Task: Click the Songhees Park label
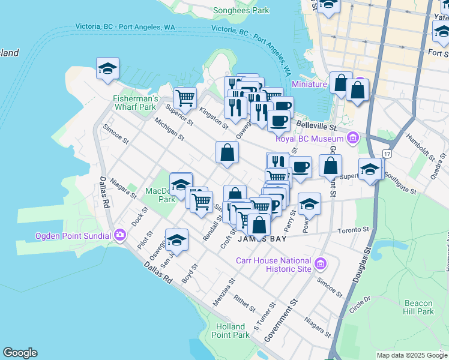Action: point(242,10)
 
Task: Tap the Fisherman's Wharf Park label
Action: point(136,103)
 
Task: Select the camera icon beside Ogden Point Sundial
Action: point(120,235)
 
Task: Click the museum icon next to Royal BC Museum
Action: point(353,139)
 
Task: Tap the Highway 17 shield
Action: point(387,154)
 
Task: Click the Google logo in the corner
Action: point(20,353)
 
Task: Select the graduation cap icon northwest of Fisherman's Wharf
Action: point(107,70)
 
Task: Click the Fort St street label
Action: point(439,53)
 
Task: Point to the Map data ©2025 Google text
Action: point(411,355)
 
